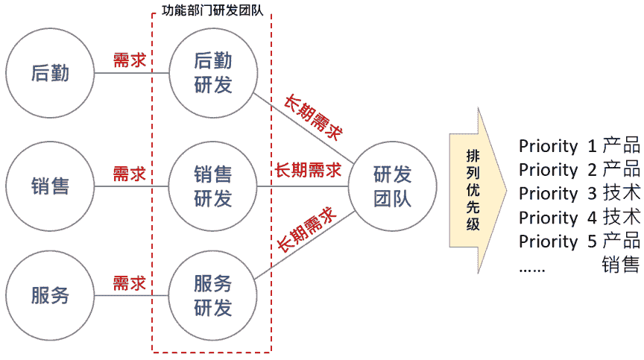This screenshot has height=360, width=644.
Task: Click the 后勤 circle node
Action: tap(51, 73)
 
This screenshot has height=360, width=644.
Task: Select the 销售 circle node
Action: tap(51, 186)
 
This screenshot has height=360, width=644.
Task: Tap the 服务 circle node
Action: tap(51, 294)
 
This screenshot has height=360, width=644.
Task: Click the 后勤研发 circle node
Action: tap(213, 73)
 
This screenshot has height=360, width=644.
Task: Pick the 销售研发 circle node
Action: tap(213, 186)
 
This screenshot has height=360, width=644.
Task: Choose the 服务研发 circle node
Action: tap(213, 294)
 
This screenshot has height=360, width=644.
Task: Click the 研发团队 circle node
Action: tap(392, 186)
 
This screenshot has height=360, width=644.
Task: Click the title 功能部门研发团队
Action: tap(212, 12)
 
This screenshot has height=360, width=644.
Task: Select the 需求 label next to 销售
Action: tap(129, 174)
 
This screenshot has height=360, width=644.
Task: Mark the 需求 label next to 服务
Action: tap(129, 283)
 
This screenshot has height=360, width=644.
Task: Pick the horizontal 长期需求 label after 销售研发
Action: tap(308, 171)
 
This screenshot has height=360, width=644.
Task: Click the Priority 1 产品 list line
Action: tap(578, 146)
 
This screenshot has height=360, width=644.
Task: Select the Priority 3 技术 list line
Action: tap(578, 194)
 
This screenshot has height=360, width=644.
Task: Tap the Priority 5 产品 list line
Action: tap(578, 241)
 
